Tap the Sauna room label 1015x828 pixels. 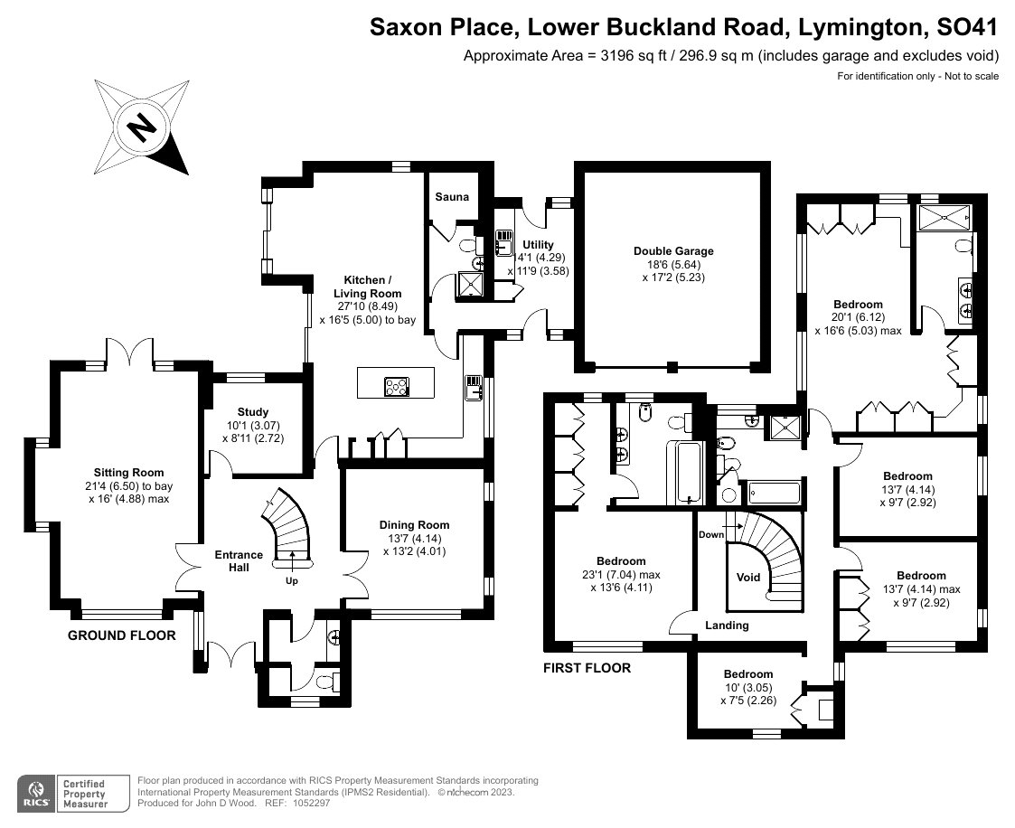[x=451, y=197]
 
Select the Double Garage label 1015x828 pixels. [x=673, y=251]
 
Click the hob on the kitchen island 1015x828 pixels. [x=396, y=387]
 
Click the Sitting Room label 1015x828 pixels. [x=129, y=472]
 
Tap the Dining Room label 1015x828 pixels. [x=414, y=525]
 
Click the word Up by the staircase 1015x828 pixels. [x=292, y=581]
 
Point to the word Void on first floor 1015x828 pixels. [x=748, y=578]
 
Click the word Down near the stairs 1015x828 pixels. [x=711, y=534]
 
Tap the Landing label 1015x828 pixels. [x=728, y=626]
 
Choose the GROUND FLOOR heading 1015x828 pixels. [x=122, y=635]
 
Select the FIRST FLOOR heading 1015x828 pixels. [x=587, y=669]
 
